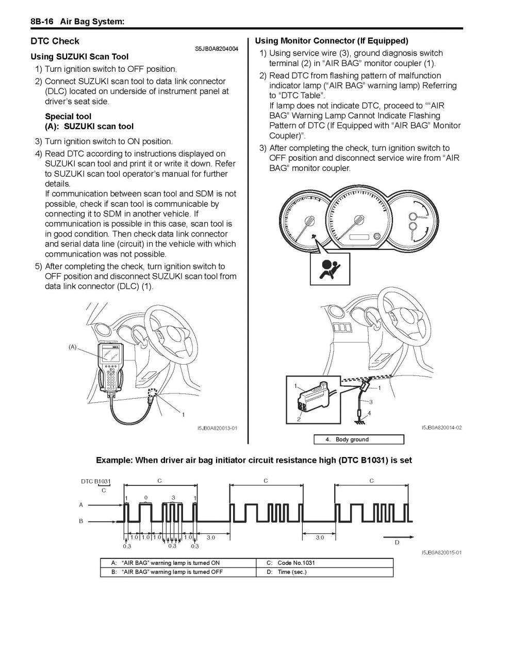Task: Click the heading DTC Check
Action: [55, 41]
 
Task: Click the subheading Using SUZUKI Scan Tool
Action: [79, 57]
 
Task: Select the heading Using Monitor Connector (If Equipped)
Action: [331, 41]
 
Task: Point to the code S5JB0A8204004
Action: [217, 49]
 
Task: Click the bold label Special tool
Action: [68, 117]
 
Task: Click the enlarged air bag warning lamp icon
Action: [330, 269]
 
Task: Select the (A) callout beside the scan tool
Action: [73, 347]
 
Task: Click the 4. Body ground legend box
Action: [358, 439]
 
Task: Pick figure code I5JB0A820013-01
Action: [217, 428]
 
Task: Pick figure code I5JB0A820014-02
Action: [441, 428]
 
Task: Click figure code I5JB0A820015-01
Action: [441, 553]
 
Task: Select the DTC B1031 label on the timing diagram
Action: [95, 481]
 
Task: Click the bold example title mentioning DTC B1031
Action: [254, 460]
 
